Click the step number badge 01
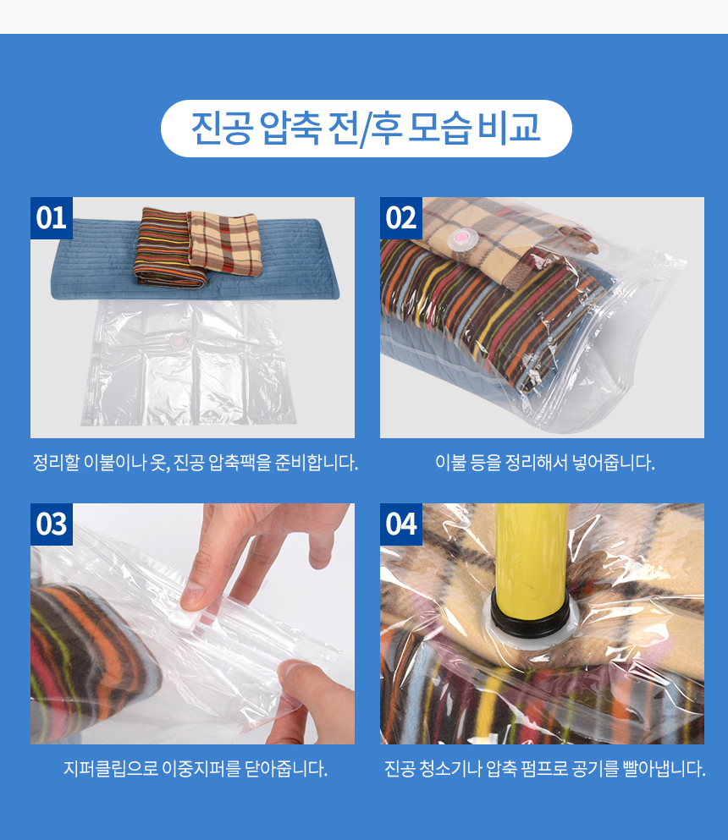pyautogui.click(x=52, y=218)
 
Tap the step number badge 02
pyautogui.click(x=401, y=218)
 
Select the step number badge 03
pyautogui.click(x=52, y=524)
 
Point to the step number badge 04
pyautogui.click(x=401, y=524)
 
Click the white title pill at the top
pyautogui.click(x=367, y=129)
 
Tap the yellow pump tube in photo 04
pyautogui.click(x=532, y=557)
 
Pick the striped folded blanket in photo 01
pyautogui.click(x=168, y=248)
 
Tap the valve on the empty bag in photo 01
pyautogui.click(x=178, y=341)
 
